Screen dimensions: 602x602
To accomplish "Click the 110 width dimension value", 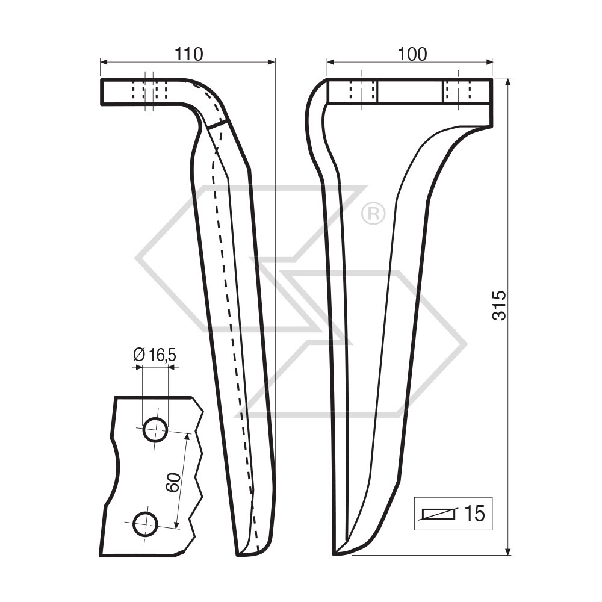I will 188,54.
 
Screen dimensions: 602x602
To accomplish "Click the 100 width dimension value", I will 412,54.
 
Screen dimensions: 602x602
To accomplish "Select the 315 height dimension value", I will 499,305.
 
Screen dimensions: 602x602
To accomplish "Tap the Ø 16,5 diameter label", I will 154,355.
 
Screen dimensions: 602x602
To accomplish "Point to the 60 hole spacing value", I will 173,482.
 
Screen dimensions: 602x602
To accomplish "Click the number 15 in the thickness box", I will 474,514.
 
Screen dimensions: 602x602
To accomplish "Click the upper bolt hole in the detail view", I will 155,430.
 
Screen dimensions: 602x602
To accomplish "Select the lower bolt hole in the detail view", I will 145,524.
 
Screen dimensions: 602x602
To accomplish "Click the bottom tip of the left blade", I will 241,553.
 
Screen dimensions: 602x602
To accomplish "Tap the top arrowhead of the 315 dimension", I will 509,82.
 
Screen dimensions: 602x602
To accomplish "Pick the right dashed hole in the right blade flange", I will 461,92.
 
